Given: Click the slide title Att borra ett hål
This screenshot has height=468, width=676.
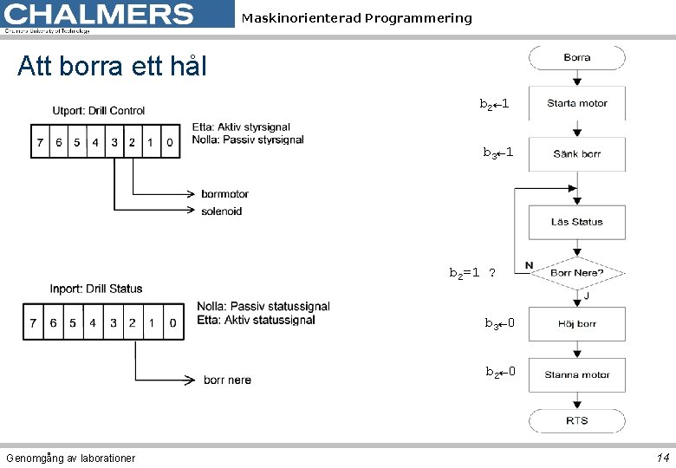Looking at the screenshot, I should (112, 66).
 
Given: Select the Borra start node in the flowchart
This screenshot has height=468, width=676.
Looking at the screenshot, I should (576, 58).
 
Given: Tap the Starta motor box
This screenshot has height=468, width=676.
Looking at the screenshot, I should (576, 103).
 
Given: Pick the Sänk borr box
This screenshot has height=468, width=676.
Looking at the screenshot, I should (576, 153).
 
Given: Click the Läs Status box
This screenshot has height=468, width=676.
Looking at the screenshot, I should (576, 222).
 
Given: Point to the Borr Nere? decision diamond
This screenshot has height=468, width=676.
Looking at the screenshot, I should (576, 272).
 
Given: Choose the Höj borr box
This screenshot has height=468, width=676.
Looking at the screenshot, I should (576, 323).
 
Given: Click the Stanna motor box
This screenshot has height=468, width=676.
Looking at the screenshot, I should (576, 374).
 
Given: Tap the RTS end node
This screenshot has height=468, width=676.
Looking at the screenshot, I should (576, 420).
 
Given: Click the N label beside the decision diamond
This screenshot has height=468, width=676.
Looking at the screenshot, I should (529, 265).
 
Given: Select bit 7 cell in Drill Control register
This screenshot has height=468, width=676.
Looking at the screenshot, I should (40, 142).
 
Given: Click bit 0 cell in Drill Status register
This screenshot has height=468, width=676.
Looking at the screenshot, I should (172, 323).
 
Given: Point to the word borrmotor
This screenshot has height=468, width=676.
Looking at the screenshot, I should (224, 193).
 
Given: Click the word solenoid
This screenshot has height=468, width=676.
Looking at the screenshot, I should (221, 211).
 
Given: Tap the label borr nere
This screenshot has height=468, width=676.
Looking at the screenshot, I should (227, 380).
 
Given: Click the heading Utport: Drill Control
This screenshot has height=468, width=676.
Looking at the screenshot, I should (99, 111).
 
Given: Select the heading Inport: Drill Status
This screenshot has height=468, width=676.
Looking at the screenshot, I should (96, 289).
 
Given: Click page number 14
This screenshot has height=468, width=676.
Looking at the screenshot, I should (662, 458).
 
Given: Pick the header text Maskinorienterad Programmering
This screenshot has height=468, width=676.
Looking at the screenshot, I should (357, 18).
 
